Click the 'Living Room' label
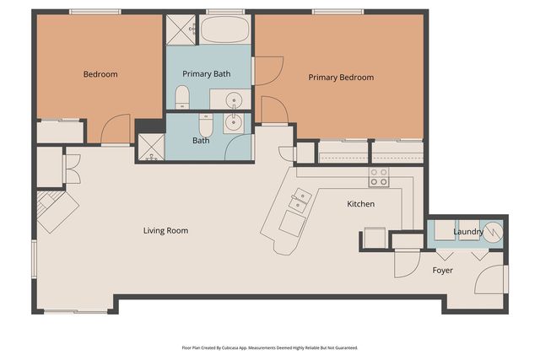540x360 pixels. click(x=165, y=230)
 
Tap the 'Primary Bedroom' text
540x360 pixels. click(x=340, y=78)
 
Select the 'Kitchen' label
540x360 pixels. click(x=360, y=204)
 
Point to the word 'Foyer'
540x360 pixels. click(x=443, y=271)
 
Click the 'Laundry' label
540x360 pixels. click(x=467, y=231)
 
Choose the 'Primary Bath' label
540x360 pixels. click(x=210, y=74)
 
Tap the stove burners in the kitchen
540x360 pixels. click(x=379, y=177)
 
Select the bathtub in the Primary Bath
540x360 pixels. click(x=224, y=30)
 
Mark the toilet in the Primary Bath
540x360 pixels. click(x=181, y=98)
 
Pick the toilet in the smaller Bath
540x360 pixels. click(x=206, y=123)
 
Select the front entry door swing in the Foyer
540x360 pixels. click(x=493, y=279)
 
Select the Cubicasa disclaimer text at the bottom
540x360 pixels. click(x=269, y=347)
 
